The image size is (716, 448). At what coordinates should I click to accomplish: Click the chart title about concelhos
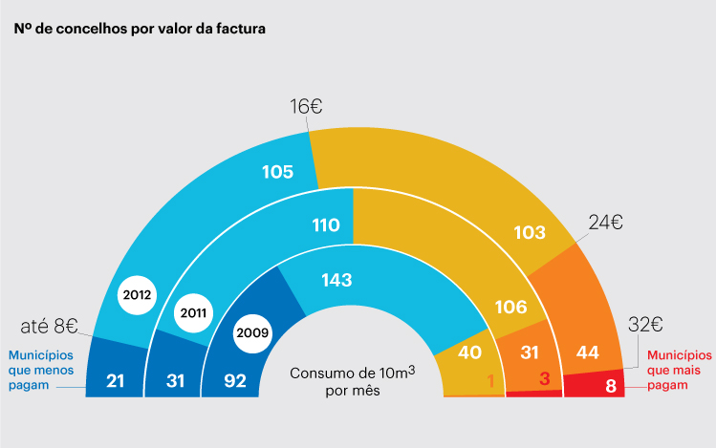point(140,29)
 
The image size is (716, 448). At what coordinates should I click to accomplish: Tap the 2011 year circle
point(193,311)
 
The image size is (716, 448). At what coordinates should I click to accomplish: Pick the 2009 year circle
point(251,332)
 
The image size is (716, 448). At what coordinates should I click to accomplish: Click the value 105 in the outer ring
point(276,172)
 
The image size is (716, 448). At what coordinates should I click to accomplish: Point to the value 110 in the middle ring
point(325,225)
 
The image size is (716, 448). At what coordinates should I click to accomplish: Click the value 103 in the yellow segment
point(529,232)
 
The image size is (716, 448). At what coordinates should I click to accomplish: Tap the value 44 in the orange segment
point(588,352)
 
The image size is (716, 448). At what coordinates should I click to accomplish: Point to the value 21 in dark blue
point(116,382)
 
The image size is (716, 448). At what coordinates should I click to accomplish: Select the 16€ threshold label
point(306,108)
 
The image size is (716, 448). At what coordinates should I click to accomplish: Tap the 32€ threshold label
point(645,324)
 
